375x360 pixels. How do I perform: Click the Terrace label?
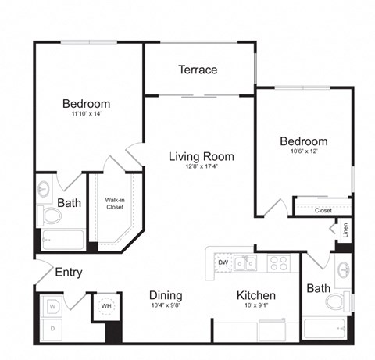tap(198, 70)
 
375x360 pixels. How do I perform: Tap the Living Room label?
tap(202, 156)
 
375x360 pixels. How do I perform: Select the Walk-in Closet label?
tap(116, 204)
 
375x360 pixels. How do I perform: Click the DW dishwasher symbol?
tap(223, 262)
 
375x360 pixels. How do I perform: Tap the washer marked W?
tap(52, 307)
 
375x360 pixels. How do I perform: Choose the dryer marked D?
tap(52, 329)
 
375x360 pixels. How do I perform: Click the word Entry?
tap(69, 273)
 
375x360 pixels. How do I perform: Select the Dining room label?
tap(166, 295)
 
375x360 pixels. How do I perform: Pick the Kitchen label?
tap(256, 295)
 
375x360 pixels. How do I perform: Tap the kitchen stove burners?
tap(279, 263)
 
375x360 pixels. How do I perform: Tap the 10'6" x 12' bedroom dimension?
tap(304, 152)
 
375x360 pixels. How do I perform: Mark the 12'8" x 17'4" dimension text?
tap(202, 167)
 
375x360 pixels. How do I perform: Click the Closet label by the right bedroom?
tap(323, 210)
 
